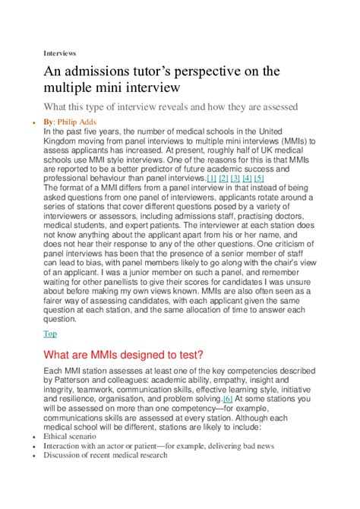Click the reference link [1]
tap(212, 178)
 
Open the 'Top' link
tap(50, 333)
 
